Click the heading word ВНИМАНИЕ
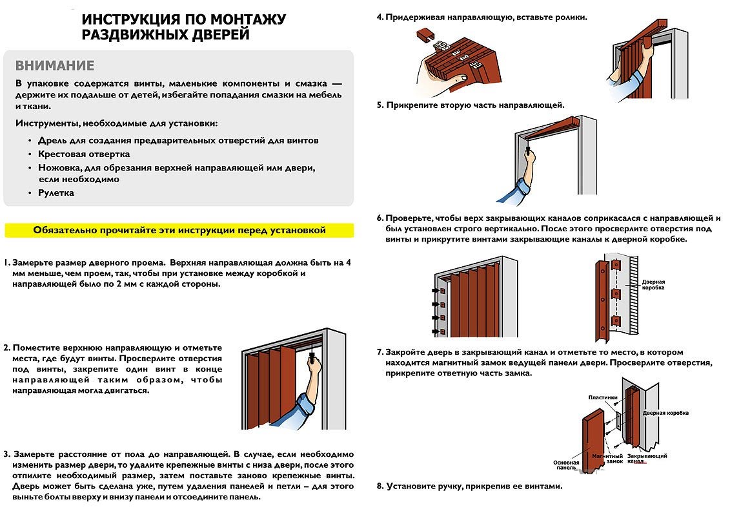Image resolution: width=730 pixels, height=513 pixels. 55,66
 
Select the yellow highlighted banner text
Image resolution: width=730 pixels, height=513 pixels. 179,230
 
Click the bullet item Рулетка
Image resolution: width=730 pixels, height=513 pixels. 56,193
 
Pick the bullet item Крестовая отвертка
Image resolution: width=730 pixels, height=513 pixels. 84,154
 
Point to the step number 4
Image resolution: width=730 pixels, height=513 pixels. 380,17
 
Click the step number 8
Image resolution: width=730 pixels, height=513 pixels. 380,486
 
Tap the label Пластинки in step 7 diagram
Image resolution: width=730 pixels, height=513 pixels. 603,397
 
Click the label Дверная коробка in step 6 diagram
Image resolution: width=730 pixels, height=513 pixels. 654,285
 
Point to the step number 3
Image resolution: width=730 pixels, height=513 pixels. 6,454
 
